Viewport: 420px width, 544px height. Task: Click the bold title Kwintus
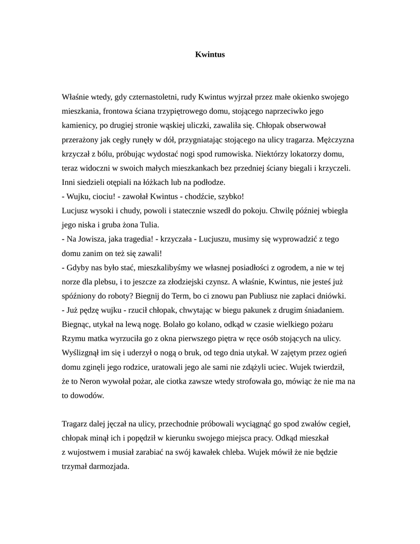210,54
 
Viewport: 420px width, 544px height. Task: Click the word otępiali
114,182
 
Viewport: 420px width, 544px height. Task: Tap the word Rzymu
74,338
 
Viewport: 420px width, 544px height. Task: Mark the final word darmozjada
110,466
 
